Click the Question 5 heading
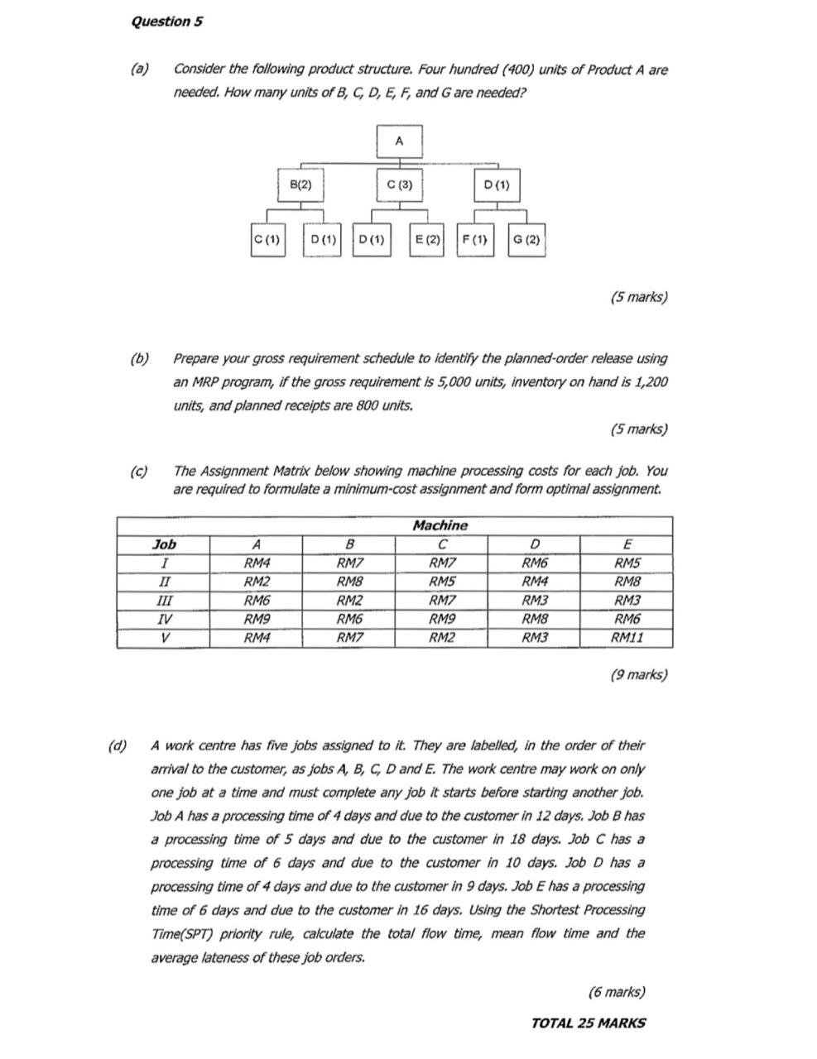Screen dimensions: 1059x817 coord(166,22)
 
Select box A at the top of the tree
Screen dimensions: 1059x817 coord(399,141)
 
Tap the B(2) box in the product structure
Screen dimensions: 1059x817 coord(300,185)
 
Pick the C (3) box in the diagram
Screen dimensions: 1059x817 coord(399,185)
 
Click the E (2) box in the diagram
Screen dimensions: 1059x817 coord(427,240)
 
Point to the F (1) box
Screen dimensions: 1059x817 coord(474,240)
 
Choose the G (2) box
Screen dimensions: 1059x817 coord(526,240)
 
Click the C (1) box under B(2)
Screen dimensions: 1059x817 coord(268,240)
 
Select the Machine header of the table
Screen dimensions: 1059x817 coord(440,525)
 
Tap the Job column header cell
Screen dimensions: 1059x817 coord(164,544)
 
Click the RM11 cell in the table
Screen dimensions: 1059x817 coord(627,638)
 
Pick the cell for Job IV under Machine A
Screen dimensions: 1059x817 coord(256,619)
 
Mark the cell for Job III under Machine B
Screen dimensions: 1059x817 coord(348,601)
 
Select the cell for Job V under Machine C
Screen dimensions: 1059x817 coord(441,638)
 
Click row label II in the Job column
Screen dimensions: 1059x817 coord(164,582)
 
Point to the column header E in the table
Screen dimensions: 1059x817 coord(627,544)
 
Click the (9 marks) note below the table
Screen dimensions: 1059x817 coord(637,674)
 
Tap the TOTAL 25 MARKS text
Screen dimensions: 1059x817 coord(588,1023)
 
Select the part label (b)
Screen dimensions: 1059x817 coord(140,359)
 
